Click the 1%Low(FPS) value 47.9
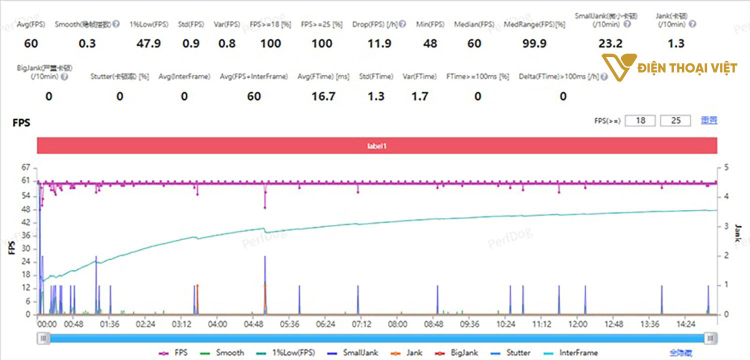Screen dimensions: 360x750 point(148,43)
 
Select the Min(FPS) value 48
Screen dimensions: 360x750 point(430,43)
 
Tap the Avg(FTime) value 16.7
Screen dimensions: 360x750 point(323,96)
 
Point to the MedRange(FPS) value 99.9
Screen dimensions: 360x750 point(534,43)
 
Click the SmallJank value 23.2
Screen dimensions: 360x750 point(610,43)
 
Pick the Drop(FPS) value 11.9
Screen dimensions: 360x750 point(379,43)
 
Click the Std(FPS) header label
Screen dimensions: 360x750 point(191,24)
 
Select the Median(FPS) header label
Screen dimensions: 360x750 point(474,24)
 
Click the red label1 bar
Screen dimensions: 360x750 point(377,145)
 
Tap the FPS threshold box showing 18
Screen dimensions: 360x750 point(640,120)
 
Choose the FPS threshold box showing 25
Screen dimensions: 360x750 point(675,120)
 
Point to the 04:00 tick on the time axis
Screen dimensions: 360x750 point(217,324)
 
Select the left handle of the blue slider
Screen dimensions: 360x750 point(44,338)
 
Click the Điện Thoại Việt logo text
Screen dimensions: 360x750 point(687,67)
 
